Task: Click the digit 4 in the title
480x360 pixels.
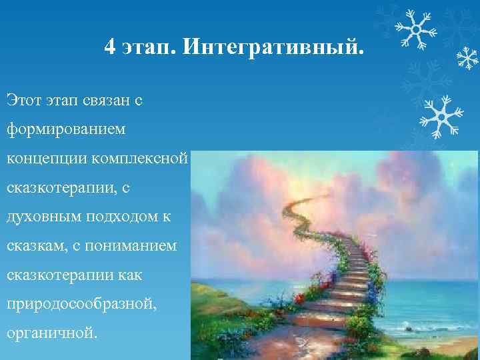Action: [111, 47]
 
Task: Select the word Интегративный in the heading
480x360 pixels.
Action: [273, 48]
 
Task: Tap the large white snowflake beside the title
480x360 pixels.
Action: [413, 27]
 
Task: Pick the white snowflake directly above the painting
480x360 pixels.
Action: [439, 116]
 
